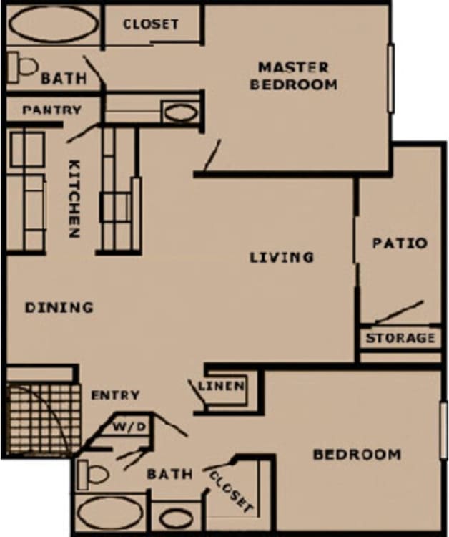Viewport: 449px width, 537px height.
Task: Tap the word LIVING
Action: [282, 256]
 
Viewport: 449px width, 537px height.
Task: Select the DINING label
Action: [59, 307]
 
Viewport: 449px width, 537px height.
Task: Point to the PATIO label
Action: [400, 243]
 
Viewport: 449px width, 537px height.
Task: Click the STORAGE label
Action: [400, 338]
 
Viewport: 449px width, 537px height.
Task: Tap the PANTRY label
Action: [51, 110]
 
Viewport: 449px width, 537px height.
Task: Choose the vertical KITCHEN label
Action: [74, 198]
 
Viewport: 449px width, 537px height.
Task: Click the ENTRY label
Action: [115, 395]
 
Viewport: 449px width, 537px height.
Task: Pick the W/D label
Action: [131, 427]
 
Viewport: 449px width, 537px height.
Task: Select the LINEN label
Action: [222, 387]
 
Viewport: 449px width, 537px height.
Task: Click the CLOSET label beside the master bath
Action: [151, 24]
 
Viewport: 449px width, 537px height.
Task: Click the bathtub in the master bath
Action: [54, 25]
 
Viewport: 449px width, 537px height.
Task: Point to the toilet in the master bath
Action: [24, 68]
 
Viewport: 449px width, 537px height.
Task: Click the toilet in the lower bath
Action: [94, 473]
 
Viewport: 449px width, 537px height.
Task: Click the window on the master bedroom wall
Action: [391, 78]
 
